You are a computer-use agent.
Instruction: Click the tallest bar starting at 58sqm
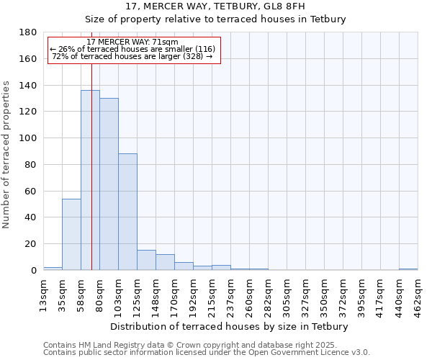click(90, 180)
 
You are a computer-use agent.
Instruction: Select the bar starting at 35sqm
click(71, 234)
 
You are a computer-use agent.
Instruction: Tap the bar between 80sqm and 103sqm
click(109, 184)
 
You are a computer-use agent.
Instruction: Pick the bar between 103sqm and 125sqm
click(127, 212)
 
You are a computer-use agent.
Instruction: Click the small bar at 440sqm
click(408, 269)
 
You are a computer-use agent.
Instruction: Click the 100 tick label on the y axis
click(30, 138)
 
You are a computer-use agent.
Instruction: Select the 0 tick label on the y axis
click(35, 271)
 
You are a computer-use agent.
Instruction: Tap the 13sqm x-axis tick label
click(43, 292)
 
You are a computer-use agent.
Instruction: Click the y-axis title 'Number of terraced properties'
click(7, 155)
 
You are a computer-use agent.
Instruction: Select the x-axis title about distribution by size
click(230, 326)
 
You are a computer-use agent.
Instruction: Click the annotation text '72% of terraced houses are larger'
click(132, 56)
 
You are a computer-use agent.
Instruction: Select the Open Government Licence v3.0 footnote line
click(207, 353)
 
